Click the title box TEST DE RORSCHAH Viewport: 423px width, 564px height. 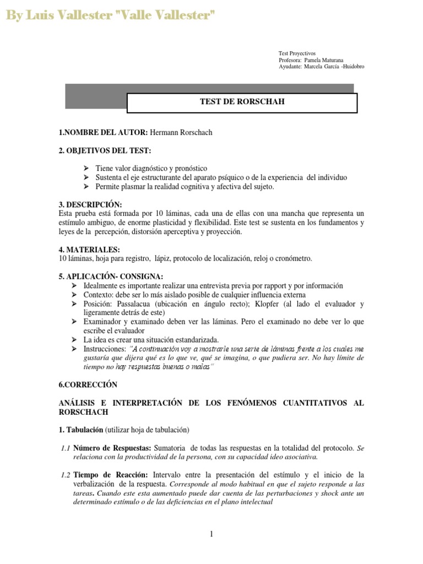pos(242,102)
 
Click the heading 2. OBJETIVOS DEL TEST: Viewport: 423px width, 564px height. pos(104,150)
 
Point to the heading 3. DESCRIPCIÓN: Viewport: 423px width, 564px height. pos(90,204)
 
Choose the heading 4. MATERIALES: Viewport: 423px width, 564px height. pos(89,250)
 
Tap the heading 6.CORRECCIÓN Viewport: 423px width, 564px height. pos(88,384)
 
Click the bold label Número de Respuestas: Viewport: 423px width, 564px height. pos(113,448)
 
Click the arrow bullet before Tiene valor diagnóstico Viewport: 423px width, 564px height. pos(86,168)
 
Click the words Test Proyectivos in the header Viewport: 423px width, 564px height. pos(297,53)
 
